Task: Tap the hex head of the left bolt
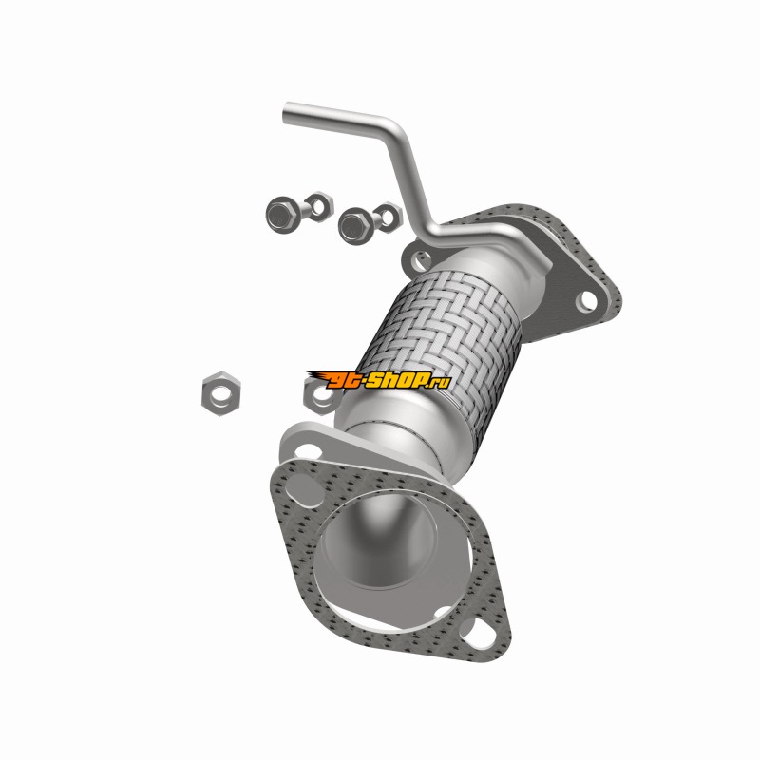pos(281,214)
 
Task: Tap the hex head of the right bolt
pos(354,225)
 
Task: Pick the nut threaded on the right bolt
pos(388,217)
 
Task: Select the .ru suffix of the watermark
pos(440,383)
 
